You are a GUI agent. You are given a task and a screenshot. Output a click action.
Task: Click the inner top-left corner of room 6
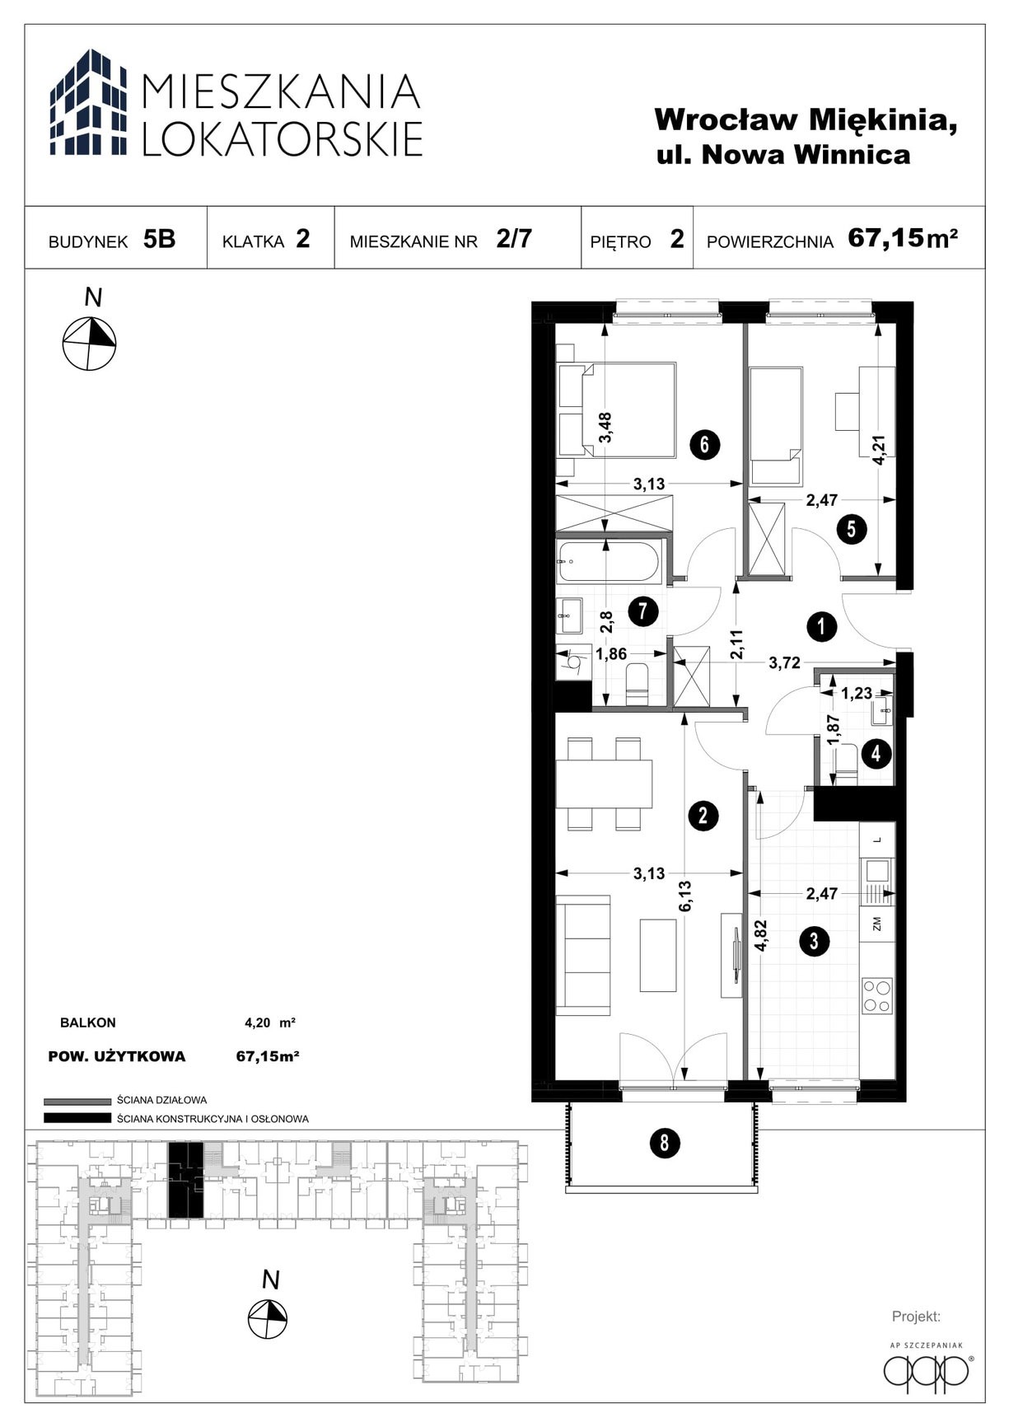(556, 324)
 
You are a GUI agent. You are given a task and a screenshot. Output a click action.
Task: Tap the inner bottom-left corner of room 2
(556, 1080)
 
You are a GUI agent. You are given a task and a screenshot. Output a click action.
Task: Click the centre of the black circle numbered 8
(664, 1144)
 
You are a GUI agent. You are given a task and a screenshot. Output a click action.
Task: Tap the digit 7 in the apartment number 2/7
(525, 238)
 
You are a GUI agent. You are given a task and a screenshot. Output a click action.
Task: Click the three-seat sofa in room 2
(582, 955)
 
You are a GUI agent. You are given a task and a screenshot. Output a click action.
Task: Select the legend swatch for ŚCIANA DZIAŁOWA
(77, 1101)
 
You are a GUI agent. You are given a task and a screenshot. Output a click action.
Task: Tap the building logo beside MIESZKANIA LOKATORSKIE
(88, 102)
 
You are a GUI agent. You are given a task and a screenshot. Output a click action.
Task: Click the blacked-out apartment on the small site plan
(185, 1180)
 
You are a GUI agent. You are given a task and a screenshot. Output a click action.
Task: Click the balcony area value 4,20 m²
(270, 1023)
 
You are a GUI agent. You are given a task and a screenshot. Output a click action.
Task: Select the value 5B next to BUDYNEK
(159, 239)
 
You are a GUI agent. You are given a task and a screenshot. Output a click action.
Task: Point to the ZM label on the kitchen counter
(877, 924)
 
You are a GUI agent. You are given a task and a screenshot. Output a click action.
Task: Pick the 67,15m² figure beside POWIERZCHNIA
(903, 238)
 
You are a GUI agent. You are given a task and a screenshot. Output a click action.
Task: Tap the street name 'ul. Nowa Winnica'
(783, 155)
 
